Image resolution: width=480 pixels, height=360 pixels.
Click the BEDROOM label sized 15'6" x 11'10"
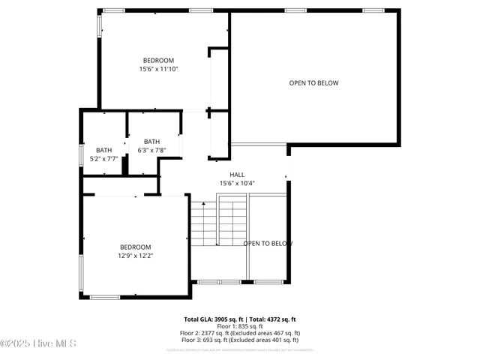point(158,61)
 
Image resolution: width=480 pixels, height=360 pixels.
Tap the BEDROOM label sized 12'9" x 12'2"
point(136,247)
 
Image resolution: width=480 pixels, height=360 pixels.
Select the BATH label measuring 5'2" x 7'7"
point(103,150)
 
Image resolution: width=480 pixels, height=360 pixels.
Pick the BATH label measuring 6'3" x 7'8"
point(151,142)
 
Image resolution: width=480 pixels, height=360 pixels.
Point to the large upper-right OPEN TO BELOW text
point(313,83)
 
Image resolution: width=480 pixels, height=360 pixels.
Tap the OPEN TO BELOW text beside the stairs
point(267,244)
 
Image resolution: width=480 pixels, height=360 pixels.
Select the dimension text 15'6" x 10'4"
point(237,183)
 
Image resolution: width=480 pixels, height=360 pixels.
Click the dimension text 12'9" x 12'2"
point(136,256)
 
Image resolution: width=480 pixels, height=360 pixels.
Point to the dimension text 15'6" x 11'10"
point(158,69)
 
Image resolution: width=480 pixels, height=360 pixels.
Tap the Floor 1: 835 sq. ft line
point(240,326)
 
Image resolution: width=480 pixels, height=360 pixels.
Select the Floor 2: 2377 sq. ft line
point(240,333)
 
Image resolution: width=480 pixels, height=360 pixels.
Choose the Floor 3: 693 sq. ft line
point(240,340)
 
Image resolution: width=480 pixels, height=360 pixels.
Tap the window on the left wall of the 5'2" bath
point(81,154)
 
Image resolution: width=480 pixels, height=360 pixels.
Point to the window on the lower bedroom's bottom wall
point(105,297)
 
